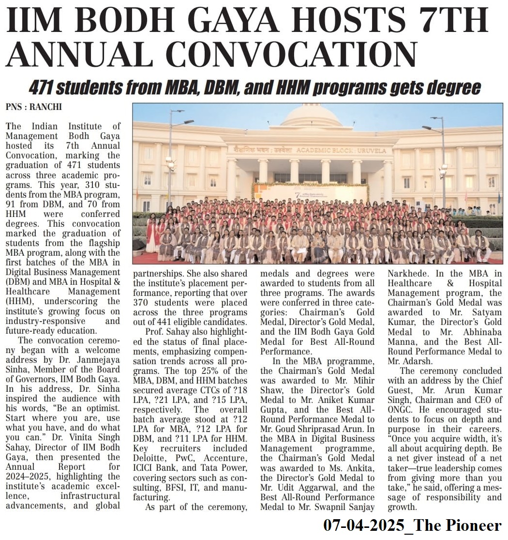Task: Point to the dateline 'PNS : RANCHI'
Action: [33, 108]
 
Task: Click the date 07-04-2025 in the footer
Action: [362, 525]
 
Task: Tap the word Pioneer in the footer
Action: [476, 525]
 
